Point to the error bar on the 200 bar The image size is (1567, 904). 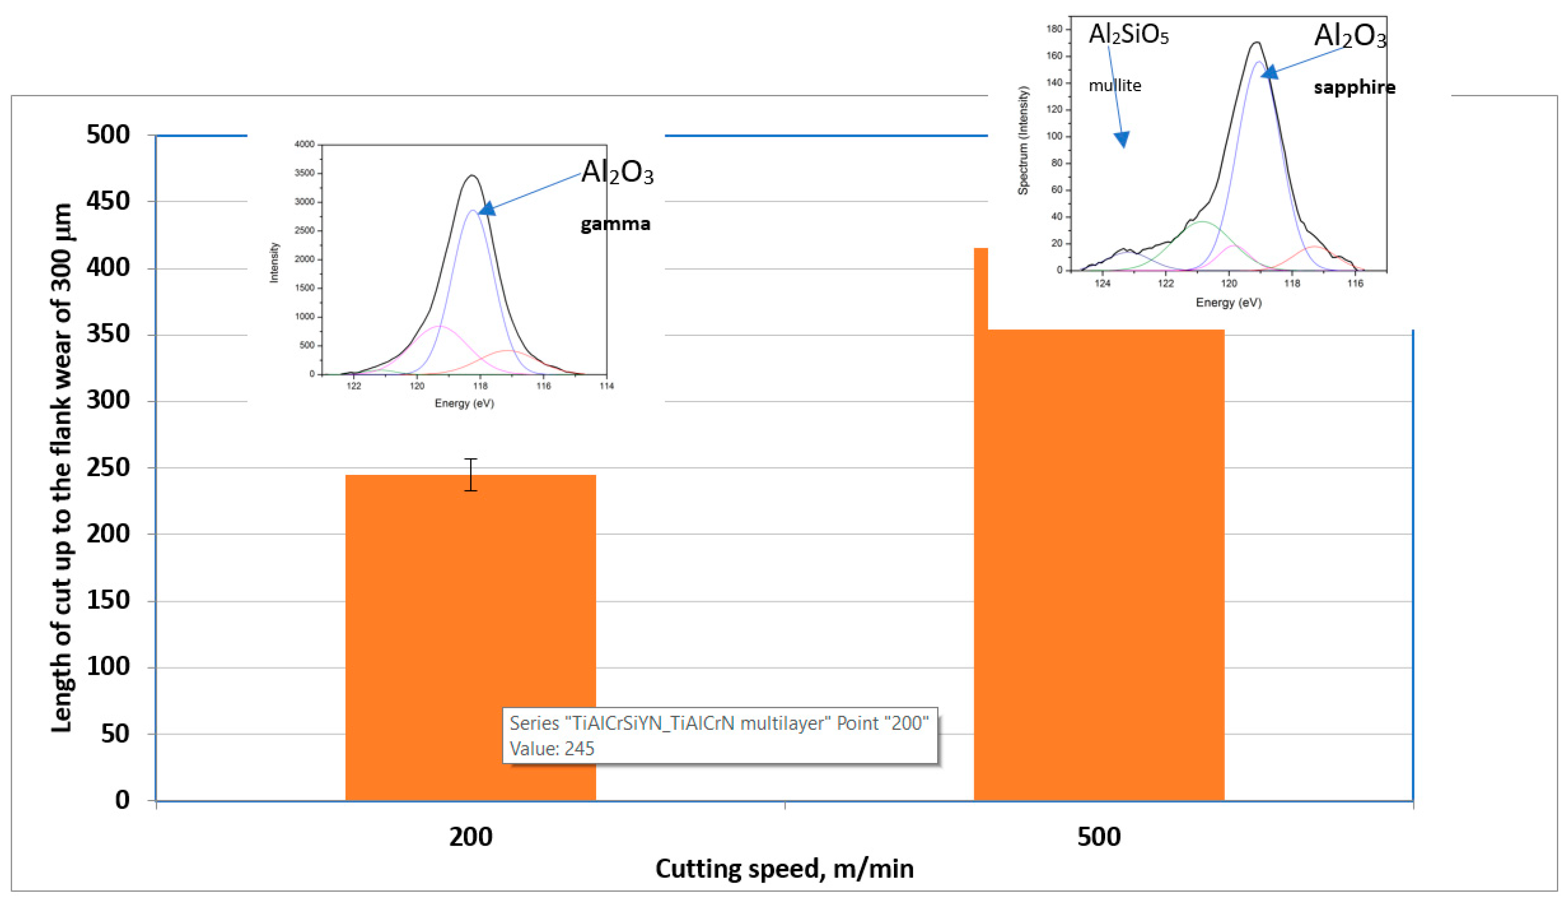point(471,475)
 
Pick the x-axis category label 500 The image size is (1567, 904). point(1098,837)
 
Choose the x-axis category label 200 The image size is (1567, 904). point(471,837)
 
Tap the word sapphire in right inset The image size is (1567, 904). point(1354,87)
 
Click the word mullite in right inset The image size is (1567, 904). point(1114,85)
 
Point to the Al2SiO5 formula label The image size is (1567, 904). point(1128,35)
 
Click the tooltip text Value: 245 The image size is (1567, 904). point(552,749)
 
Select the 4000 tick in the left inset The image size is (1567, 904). point(304,144)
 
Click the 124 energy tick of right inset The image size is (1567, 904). point(1102,284)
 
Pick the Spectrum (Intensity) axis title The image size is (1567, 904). point(1022,140)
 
